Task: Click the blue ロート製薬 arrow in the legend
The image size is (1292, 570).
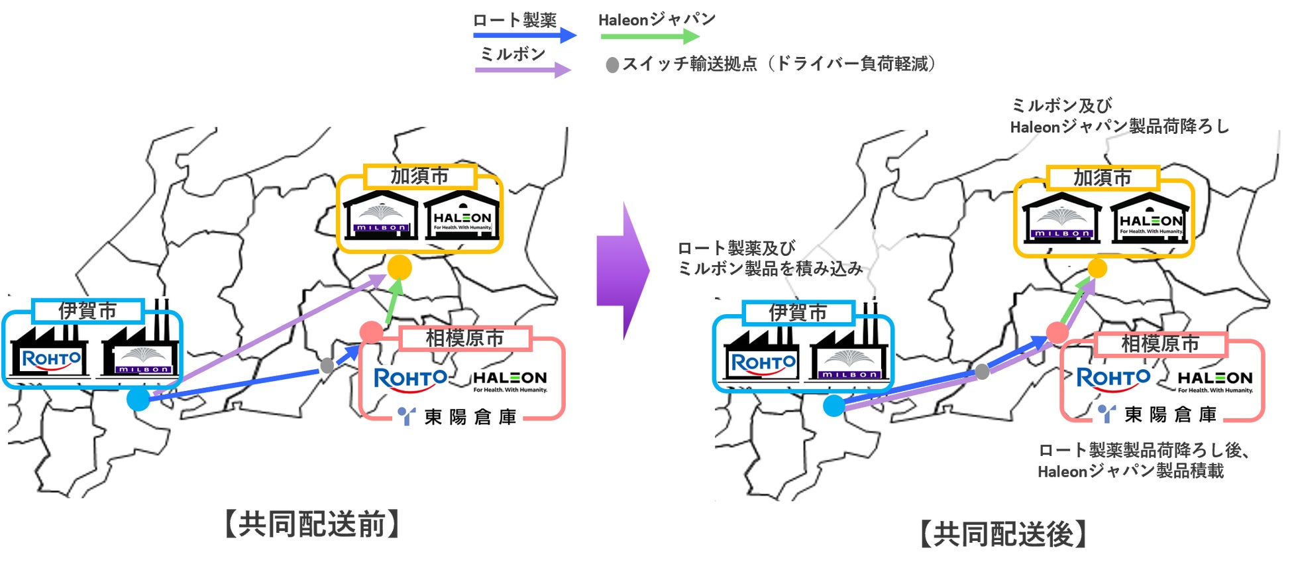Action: (523, 35)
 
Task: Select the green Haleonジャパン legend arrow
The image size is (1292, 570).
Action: (649, 36)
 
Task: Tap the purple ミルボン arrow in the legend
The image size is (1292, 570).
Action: (522, 70)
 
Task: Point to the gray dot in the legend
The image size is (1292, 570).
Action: (613, 65)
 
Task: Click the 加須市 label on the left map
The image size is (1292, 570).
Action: (419, 176)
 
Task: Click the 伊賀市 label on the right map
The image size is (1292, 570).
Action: (798, 312)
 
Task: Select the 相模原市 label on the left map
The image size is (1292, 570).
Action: (464, 338)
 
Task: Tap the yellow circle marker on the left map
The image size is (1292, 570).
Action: (400, 267)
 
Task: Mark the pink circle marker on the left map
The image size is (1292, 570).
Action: (371, 332)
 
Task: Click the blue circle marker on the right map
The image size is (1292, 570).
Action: (834, 406)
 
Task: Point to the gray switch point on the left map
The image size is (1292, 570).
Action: (327, 365)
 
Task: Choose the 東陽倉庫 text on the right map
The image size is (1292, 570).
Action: (1170, 415)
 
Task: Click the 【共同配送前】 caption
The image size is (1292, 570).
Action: (312, 524)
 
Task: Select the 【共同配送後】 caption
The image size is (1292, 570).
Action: (1003, 534)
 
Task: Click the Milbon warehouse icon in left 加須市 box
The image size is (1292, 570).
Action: (381, 216)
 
